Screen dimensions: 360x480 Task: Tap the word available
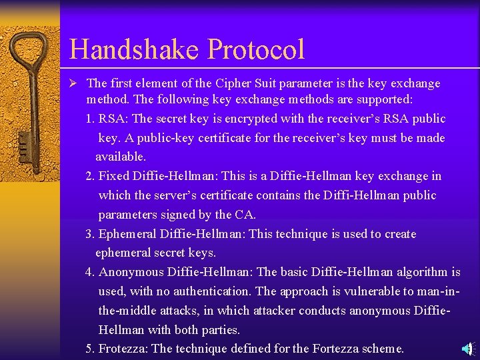coord(120,157)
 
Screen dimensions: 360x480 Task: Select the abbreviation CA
coord(244,215)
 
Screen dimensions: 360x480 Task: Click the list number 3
coord(89,234)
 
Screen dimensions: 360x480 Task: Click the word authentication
coord(211,292)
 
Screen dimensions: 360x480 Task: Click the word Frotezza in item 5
coord(123,349)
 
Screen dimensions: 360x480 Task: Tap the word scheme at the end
coord(383,349)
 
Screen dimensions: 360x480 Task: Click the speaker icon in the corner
coord(469,348)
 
